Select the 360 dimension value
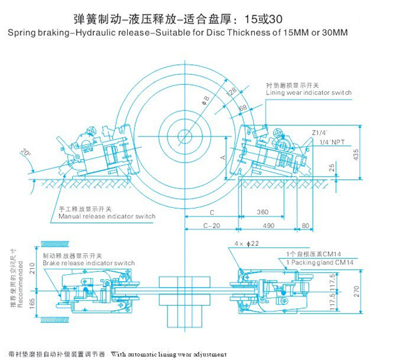pos(263,212)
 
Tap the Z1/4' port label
pos(321,130)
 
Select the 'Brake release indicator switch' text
pos(88,262)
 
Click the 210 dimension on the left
pos(32,268)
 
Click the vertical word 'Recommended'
pos(22,289)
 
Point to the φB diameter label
pos(206,100)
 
